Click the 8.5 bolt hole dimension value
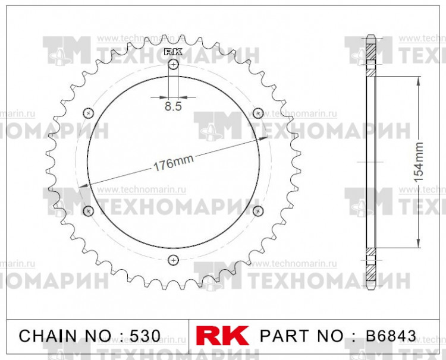(x=173, y=108)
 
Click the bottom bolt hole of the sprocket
(x=173, y=260)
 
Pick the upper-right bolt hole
(x=258, y=113)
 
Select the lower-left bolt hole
(x=89, y=211)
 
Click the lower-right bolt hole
(x=258, y=211)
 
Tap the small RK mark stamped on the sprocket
(x=173, y=52)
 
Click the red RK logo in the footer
(x=222, y=336)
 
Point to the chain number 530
(x=145, y=336)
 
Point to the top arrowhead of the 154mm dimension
(x=419, y=80)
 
